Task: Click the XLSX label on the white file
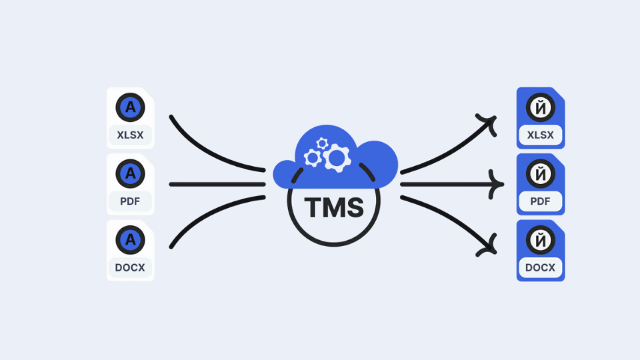tap(130, 135)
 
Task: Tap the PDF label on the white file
tap(130, 202)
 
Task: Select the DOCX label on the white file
tap(130, 269)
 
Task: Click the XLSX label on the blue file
tap(541, 135)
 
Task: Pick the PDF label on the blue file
tap(541, 202)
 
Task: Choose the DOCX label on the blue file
tap(541, 269)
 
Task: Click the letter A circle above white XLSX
tap(130, 106)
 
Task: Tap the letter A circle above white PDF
tap(130, 173)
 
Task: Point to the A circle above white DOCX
tap(130, 239)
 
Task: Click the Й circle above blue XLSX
tap(541, 106)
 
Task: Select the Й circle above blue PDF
tap(541, 173)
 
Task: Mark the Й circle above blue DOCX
tap(541, 239)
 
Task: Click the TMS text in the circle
tap(335, 207)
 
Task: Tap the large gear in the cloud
tap(337, 158)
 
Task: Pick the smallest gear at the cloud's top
tap(323, 143)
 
